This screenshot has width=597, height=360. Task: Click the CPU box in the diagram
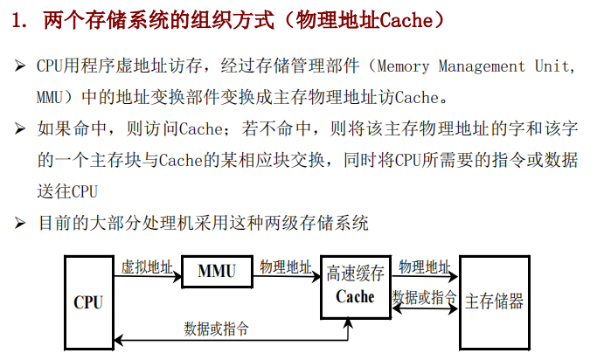pyautogui.click(x=88, y=302)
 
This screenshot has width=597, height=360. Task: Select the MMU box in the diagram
pyautogui.click(x=217, y=272)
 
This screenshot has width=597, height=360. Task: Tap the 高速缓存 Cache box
pyautogui.click(x=355, y=286)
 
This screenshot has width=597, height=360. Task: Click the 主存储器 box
pyautogui.click(x=494, y=302)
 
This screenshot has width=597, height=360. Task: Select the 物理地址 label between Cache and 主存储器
pyautogui.click(x=425, y=266)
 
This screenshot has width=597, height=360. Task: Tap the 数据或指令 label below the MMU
pyautogui.click(x=216, y=329)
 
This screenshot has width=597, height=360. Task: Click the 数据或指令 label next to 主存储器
pyautogui.click(x=425, y=297)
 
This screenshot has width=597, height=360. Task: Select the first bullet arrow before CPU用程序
pyautogui.click(x=19, y=66)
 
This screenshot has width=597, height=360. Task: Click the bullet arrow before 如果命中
pyautogui.click(x=19, y=129)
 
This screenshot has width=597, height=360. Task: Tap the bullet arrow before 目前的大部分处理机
pyautogui.click(x=19, y=224)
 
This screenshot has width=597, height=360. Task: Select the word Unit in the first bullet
pyautogui.click(x=556, y=66)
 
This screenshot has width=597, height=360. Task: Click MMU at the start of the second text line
pyautogui.click(x=51, y=98)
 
